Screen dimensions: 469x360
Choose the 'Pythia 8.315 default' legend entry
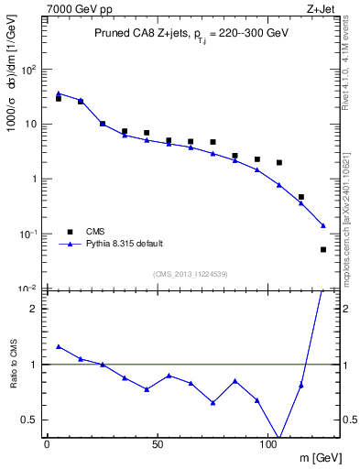(119, 245)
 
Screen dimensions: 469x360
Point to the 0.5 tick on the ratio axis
(29, 420)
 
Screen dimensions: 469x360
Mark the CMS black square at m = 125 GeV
(323, 249)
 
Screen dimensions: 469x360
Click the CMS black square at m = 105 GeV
(279, 162)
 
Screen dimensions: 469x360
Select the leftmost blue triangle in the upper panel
(58, 93)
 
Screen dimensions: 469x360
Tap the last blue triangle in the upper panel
(323, 225)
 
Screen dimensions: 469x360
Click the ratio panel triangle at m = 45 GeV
(147, 389)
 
